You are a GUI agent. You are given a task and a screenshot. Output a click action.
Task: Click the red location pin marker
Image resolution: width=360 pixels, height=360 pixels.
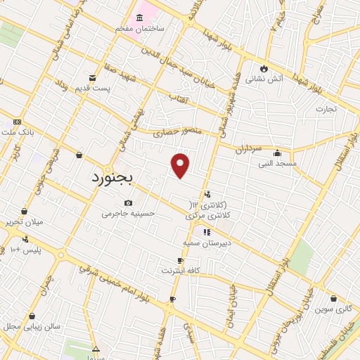pos(181,165)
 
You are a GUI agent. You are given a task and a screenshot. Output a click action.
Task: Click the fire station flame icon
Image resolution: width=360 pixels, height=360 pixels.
pos(264,68)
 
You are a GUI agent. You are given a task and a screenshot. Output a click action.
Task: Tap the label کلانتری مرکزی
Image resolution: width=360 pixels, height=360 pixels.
pos(210,217)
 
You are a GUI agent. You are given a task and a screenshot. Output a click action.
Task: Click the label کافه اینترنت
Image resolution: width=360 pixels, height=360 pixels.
pos(182,270)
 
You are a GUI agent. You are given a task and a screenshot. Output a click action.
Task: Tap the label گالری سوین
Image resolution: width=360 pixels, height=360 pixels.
pos(333,309)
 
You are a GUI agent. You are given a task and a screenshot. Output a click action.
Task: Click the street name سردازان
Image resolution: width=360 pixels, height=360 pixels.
pos(247,149)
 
